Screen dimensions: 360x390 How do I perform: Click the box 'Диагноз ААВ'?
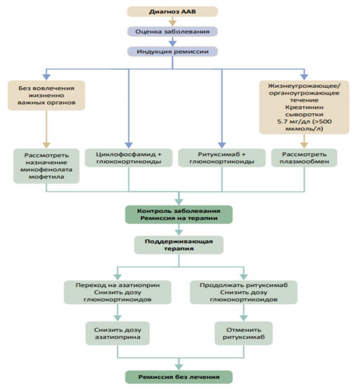[x=173, y=12]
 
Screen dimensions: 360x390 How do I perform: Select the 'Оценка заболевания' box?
[x=173, y=32]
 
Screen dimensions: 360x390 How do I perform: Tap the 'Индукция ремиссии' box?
[x=173, y=51]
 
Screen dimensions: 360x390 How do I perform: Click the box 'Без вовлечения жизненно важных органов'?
[x=46, y=95]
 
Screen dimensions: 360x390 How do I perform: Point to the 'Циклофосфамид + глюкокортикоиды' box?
[x=128, y=158]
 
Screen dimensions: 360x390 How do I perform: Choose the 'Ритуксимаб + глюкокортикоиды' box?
[x=222, y=158]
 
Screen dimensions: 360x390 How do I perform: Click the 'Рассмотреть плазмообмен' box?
[x=304, y=158]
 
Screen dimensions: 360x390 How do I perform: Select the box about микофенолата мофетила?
[x=46, y=166]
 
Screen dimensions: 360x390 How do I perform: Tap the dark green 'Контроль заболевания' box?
[x=179, y=214]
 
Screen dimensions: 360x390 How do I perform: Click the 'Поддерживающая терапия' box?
[x=179, y=245]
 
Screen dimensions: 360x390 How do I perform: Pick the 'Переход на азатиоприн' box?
[x=118, y=292]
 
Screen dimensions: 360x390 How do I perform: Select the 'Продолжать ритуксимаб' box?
[x=243, y=292]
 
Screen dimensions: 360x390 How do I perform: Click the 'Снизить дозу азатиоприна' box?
[x=118, y=333]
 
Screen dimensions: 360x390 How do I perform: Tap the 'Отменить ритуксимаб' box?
[x=243, y=333]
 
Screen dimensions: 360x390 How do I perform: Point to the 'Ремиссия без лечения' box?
[x=179, y=377]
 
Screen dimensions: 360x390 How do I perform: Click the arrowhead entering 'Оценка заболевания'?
[x=173, y=23]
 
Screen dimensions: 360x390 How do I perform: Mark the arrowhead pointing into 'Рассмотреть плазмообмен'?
[x=304, y=145]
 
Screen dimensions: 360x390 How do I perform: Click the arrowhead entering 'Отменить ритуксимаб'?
[x=243, y=318]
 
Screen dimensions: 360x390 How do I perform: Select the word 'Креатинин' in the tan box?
[x=304, y=107]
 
